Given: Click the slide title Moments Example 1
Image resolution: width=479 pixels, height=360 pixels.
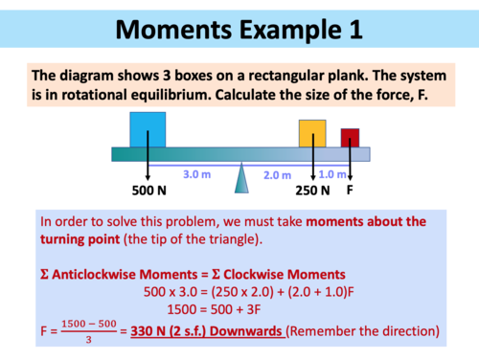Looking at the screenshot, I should pyautogui.click(x=239, y=29).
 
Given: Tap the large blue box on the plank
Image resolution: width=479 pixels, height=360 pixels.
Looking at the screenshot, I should pyautogui.click(x=148, y=129).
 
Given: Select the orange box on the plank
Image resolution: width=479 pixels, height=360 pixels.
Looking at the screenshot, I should pyautogui.click(x=312, y=133).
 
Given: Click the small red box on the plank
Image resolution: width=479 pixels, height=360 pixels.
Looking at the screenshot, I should pyautogui.click(x=350, y=137).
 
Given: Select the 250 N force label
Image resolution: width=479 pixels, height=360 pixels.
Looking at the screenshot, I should pyautogui.click(x=312, y=190).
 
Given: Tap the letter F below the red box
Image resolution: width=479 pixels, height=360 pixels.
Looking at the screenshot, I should pyautogui.click(x=352, y=190).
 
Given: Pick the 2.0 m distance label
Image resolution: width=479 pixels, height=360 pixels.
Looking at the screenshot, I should pyautogui.click(x=278, y=175).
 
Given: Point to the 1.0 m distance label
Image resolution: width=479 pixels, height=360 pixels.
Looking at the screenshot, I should pyautogui.click(x=332, y=173).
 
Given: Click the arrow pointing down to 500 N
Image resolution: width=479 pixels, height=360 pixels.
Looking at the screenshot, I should pyautogui.click(x=148, y=163).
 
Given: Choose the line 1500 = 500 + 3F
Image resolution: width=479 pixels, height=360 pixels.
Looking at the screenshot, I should pyautogui.click(x=239, y=309).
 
